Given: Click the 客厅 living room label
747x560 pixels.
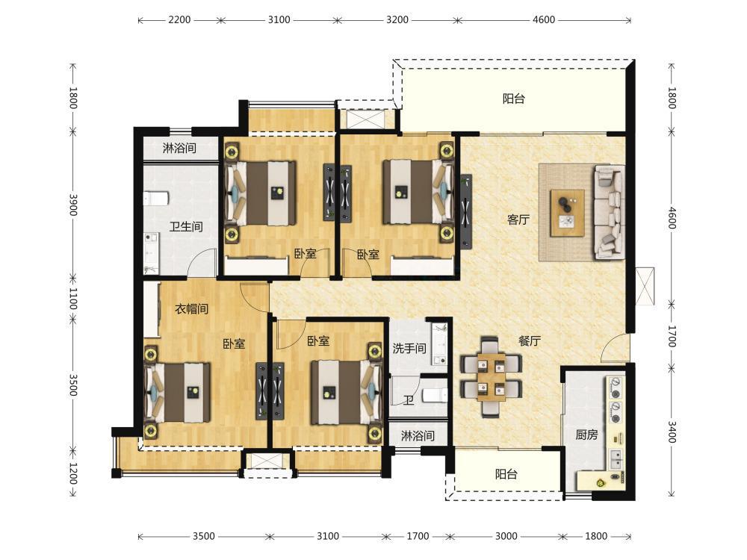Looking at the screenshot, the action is [518, 220].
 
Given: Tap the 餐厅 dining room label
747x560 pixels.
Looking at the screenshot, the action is [530, 341].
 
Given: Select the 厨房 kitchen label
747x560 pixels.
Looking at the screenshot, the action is [586, 435].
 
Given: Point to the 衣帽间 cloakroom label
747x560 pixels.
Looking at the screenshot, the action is [191, 309].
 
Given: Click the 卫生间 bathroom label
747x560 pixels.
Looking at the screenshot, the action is [186, 226].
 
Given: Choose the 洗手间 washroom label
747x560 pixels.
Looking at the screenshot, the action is [409, 349].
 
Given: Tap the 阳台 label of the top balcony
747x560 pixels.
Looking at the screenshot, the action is [514, 99].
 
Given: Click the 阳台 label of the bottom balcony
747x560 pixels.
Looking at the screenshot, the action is [506, 474].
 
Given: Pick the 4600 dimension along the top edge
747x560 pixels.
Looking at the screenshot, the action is [544, 19].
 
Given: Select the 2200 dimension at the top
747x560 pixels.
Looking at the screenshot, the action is [179, 19].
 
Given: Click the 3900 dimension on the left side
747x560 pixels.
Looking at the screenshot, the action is [73, 205].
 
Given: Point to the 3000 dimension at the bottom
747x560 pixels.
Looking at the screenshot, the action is [506, 536].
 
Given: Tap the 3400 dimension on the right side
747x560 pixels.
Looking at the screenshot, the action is [672, 432].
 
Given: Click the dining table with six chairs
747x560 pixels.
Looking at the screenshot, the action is [492, 376].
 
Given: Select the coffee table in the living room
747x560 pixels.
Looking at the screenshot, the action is [567, 213].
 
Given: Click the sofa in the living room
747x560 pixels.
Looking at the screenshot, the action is [609, 212].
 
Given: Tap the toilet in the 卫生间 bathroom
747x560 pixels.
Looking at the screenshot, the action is [156, 198].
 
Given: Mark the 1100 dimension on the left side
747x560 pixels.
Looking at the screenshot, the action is [73, 298].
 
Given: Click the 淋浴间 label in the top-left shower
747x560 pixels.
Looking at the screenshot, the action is [179, 148].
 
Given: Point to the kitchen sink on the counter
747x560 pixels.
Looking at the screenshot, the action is [616, 458].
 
